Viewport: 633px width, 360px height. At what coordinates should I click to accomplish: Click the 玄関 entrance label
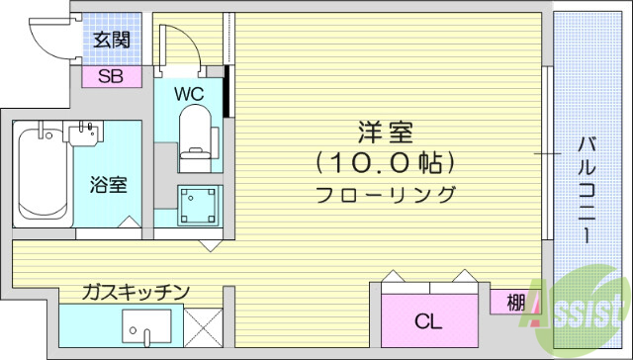click(111, 41)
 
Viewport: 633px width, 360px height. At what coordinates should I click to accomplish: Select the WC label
click(189, 94)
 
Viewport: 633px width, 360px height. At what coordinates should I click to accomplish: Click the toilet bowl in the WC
click(195, 134)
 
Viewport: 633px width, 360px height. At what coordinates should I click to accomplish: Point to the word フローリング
click(385, 193)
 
